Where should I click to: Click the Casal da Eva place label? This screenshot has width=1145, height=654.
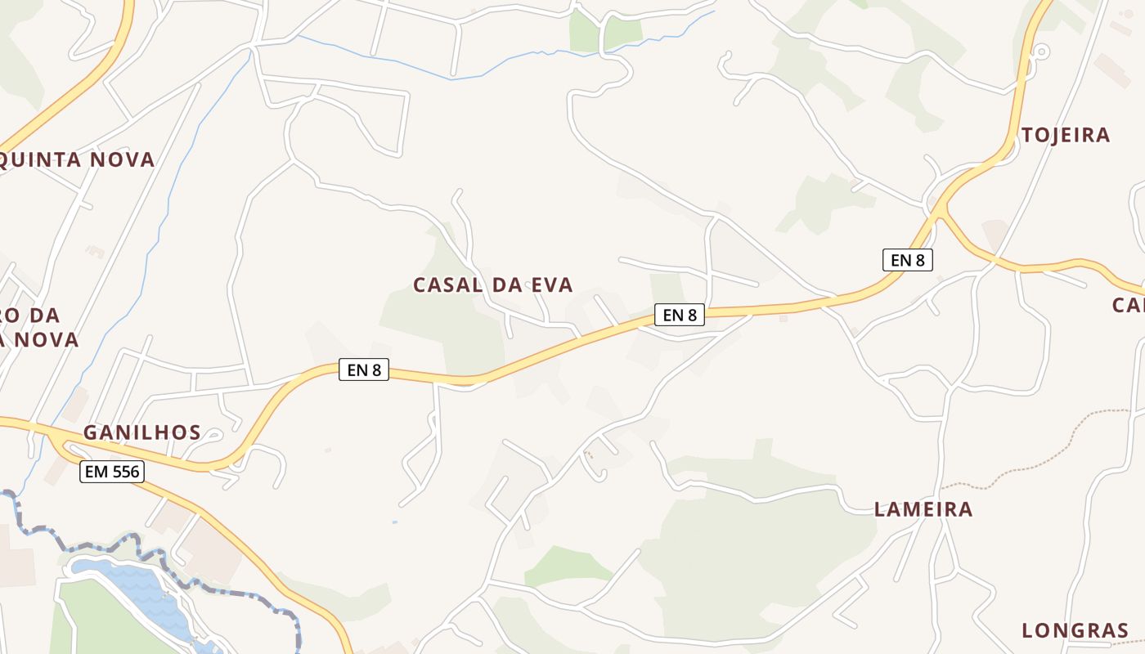(492, 285)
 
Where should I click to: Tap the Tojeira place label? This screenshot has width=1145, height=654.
(1066, 136)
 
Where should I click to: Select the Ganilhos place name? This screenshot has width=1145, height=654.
(142, 432)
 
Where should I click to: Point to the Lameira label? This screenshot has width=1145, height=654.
(923, 509)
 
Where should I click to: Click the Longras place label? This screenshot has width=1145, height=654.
(1075, 630)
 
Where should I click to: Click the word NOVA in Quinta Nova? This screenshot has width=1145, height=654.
(123, 159)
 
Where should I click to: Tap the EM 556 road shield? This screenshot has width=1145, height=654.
(112, 472)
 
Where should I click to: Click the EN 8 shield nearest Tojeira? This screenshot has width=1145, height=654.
(908, 260)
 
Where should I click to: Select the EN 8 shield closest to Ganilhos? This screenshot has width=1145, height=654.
(364, 370)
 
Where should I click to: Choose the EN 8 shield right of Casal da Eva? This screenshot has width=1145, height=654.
(679, 315)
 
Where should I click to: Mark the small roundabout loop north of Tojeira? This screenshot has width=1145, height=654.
(1041, 52)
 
